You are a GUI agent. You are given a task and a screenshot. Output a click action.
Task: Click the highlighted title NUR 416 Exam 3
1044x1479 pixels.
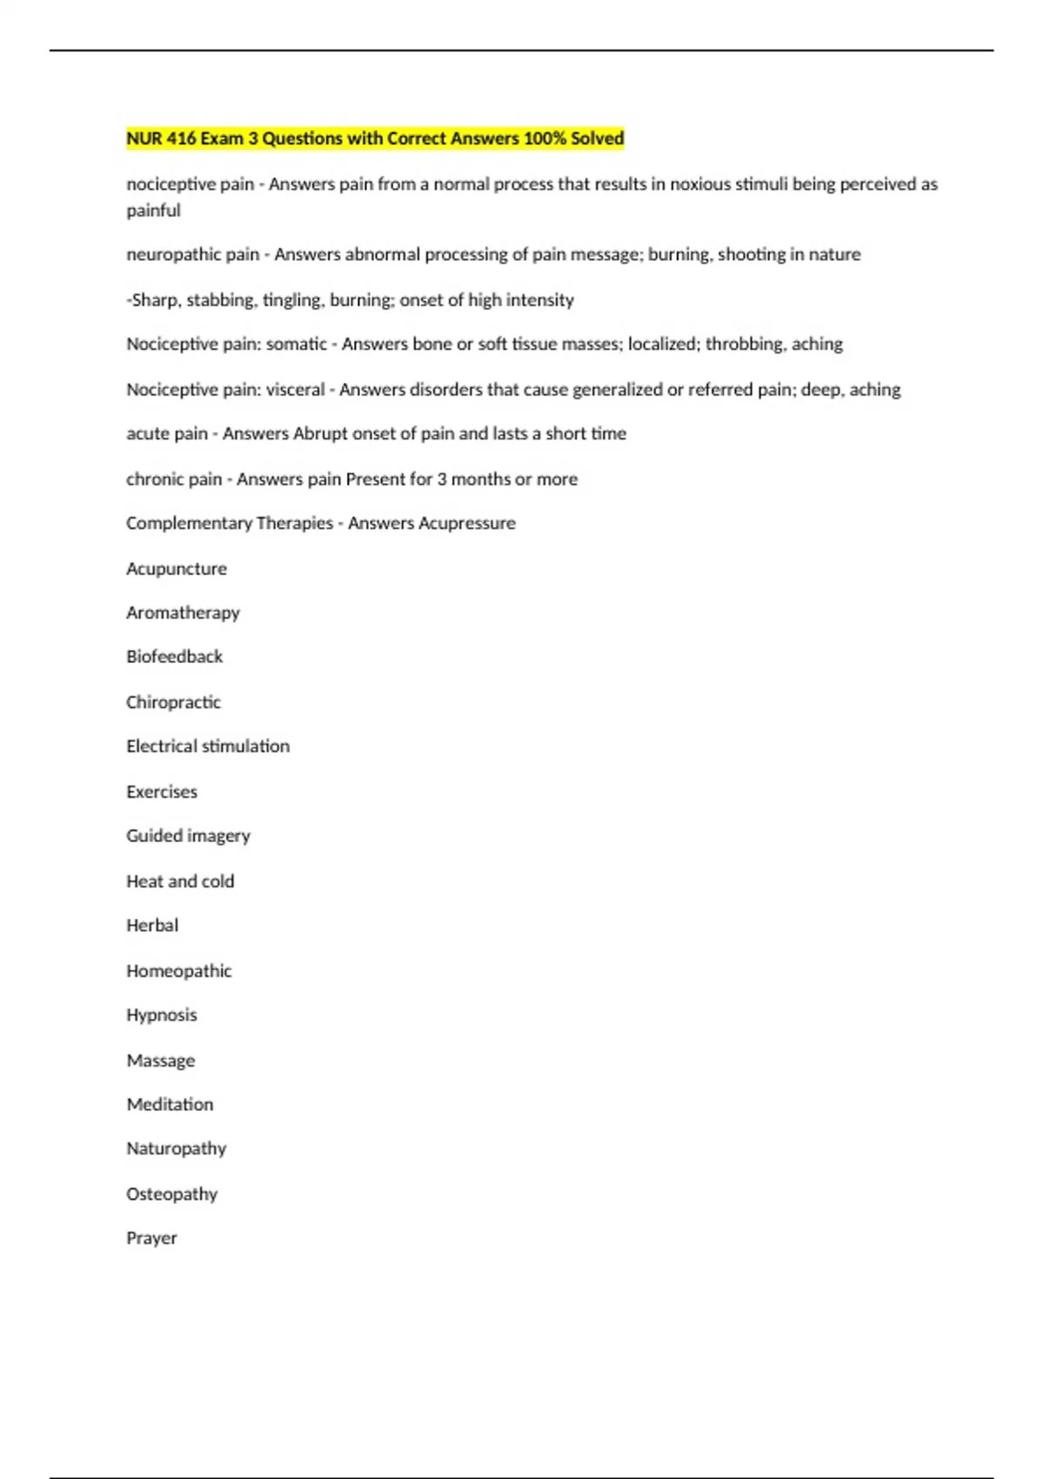click(375, 138)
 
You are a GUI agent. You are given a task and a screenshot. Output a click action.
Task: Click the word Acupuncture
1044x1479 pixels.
click(177, 569)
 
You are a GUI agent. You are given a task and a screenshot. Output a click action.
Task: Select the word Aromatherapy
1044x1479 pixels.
click(183, 613)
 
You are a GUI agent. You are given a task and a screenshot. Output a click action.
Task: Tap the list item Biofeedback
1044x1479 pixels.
click(174, 657)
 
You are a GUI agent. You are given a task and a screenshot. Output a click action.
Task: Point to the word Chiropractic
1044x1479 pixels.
click(173, 702)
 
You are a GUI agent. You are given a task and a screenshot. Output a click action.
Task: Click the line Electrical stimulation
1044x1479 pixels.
click(208, 746)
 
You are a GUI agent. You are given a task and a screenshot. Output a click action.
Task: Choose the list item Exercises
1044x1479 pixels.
click(162, 792)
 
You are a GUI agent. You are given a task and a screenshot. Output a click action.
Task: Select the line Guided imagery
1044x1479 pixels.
click(188, 836)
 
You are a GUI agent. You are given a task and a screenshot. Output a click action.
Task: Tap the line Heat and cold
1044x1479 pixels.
click(180, 881)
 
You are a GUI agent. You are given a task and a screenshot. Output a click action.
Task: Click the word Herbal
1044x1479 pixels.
click(152, 926)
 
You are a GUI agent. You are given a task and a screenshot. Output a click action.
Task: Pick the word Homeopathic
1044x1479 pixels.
click(179, 971)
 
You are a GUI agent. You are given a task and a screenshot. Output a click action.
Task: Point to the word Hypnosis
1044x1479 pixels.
click(162, 1015)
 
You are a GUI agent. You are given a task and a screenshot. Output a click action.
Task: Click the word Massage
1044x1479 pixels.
click(161, 1061)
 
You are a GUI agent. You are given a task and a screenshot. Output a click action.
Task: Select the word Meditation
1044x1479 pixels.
click(170, 1105)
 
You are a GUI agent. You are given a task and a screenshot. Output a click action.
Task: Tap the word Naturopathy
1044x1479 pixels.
click(177, 1149)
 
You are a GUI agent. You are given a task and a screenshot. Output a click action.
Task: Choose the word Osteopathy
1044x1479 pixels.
click(172, 1195)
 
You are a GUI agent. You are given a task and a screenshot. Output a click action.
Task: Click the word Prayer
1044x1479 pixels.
click(151, 1238)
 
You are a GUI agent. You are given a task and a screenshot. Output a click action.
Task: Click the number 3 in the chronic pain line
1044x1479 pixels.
click(441, 479)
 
